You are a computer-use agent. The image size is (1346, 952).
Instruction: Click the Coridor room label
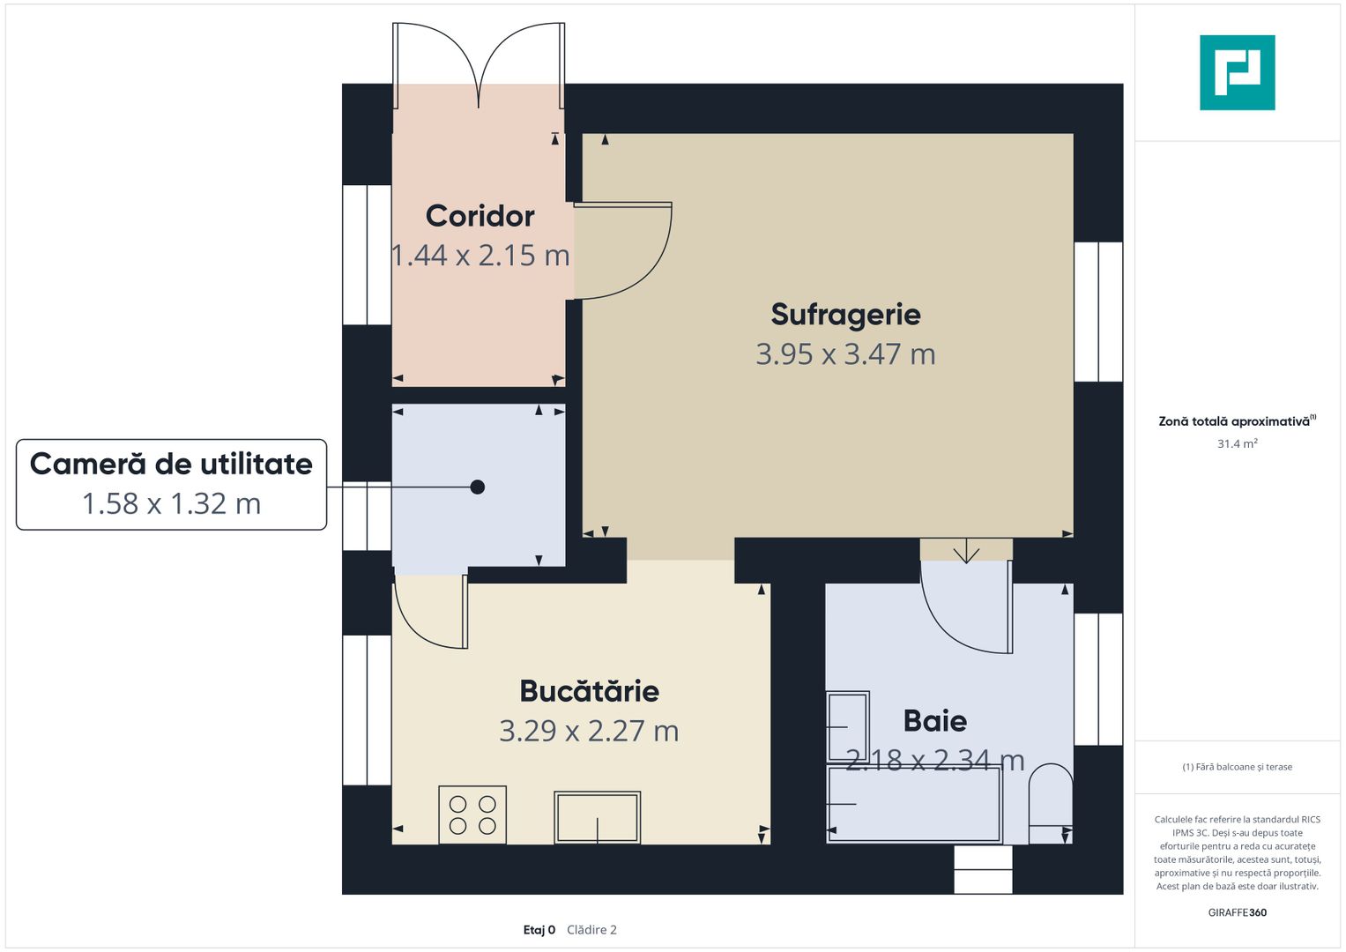[x=480, y=216]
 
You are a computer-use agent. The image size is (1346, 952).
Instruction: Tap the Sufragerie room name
[x=845, y=315]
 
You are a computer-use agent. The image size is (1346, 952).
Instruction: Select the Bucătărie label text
[x=589, y=691]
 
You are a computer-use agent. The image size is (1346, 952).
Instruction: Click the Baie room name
[x=935, y=721]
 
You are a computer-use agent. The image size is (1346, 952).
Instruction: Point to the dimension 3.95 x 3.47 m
[x=845, y=354]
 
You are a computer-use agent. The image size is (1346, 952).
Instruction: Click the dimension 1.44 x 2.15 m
[x=480, y=256]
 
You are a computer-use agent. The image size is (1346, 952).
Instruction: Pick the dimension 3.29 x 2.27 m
[x=589, y=731]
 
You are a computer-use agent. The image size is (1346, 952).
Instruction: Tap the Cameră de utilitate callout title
[x=171, y=464]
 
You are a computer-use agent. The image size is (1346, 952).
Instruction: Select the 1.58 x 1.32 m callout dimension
[x=171, y=503]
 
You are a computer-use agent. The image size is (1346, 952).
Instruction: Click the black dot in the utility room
[x=478, y=487]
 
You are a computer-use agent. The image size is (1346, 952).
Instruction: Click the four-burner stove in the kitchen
[x=472, y=814]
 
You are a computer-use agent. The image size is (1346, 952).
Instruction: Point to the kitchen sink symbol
[x=597, y=817]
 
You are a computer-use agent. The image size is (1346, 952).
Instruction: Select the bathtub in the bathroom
[x=914, y=804]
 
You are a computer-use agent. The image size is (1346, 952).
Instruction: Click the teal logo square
[x=1237, y=72]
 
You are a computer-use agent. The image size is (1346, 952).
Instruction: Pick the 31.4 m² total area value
[x=1237, y=443]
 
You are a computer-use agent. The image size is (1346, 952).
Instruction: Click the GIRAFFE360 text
[x=1237, y=912]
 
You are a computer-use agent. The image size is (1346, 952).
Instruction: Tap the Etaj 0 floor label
[x=539, y=930]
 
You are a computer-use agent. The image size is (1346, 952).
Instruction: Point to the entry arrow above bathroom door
[x=966, y=552]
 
